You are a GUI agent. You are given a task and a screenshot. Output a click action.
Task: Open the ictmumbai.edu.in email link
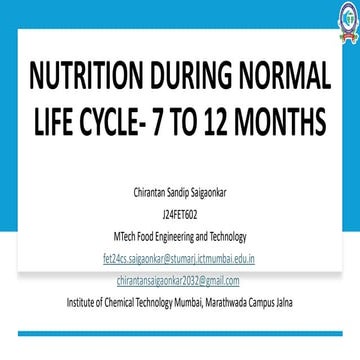180,258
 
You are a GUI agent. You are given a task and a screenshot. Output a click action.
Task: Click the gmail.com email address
180,279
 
